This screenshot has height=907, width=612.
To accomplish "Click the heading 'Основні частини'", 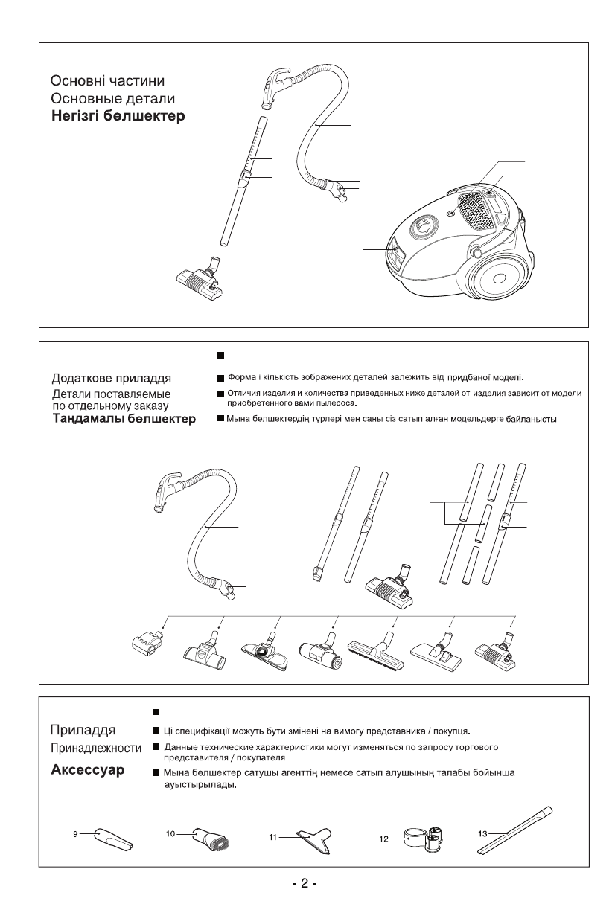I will point(107,80).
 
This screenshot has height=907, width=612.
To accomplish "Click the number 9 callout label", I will point(75,836).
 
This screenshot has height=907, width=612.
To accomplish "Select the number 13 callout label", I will point(482,834).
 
